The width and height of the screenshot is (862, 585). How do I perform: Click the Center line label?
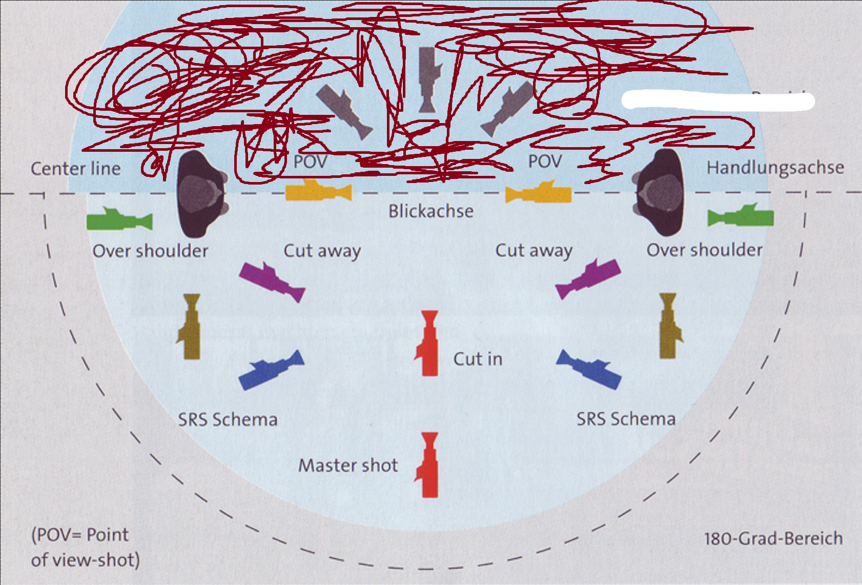coord(75,169)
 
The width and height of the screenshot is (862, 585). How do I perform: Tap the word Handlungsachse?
coord(774,168)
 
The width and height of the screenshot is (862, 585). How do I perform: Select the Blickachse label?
coord(430,211)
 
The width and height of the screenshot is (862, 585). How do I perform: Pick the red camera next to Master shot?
coord(428,465)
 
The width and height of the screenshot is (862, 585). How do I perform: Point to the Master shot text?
coord(348,466)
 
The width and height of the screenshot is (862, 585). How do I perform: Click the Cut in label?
coord(478,359)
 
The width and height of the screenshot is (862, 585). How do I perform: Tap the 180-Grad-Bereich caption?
coord(773,539)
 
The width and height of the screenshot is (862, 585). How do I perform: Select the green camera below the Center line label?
coord(119,220)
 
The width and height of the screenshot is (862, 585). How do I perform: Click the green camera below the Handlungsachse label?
coord(741,217)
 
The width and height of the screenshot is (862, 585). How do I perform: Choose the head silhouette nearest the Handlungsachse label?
coord(661,193)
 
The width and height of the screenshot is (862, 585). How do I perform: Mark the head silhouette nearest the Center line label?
coord(200,194)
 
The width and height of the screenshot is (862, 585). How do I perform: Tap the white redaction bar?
coord(717,100)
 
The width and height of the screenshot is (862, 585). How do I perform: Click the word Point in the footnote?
coord(107,535)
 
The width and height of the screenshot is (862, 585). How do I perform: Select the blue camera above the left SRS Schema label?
coord(271,370)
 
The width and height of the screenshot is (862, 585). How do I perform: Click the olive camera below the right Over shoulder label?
coord(669,326)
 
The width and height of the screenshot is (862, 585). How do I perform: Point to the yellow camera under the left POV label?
coord(318,191)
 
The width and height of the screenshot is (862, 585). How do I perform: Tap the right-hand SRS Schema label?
coord(626,419)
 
